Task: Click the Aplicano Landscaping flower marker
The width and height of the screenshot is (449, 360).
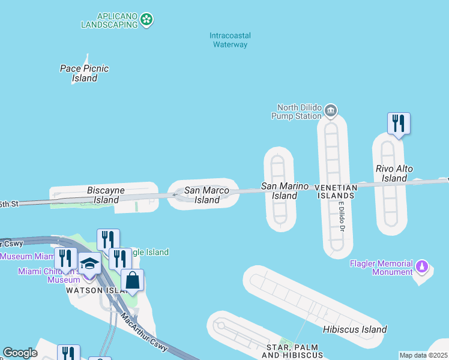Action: click(x=146, y=20)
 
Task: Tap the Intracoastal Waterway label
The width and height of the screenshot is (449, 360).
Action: click(x=230, y=40)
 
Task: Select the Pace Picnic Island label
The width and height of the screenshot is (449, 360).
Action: click(x=85, y=73)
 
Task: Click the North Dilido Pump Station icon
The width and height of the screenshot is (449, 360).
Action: click(x=330, y=111)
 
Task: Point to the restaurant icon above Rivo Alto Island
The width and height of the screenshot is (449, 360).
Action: click(x=399, y=124)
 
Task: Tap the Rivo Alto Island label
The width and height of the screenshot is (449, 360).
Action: click(x=394, y=173)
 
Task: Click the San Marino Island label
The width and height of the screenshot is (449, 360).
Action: click(x=285, y=191)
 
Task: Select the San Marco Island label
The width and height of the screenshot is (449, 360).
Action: click(x=206, y=195)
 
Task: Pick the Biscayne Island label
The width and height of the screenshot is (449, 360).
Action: click(x=106, y=195)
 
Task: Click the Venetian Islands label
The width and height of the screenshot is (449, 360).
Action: click(x=336, y=191)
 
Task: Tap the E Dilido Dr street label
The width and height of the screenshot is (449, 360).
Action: click(x=341, y=217)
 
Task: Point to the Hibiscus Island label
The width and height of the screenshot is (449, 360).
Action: click(x=355, y=329)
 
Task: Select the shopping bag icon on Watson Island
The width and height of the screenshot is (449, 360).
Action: click(x=132, y=280)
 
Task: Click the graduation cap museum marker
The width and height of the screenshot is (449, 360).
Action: click(x=89, y=264)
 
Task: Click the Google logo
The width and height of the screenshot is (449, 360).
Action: click(x=20, y=353)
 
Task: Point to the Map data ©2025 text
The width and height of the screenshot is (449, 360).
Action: click(x=423, y=355)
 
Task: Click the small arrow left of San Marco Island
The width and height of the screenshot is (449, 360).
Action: click(x=175, y=194)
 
